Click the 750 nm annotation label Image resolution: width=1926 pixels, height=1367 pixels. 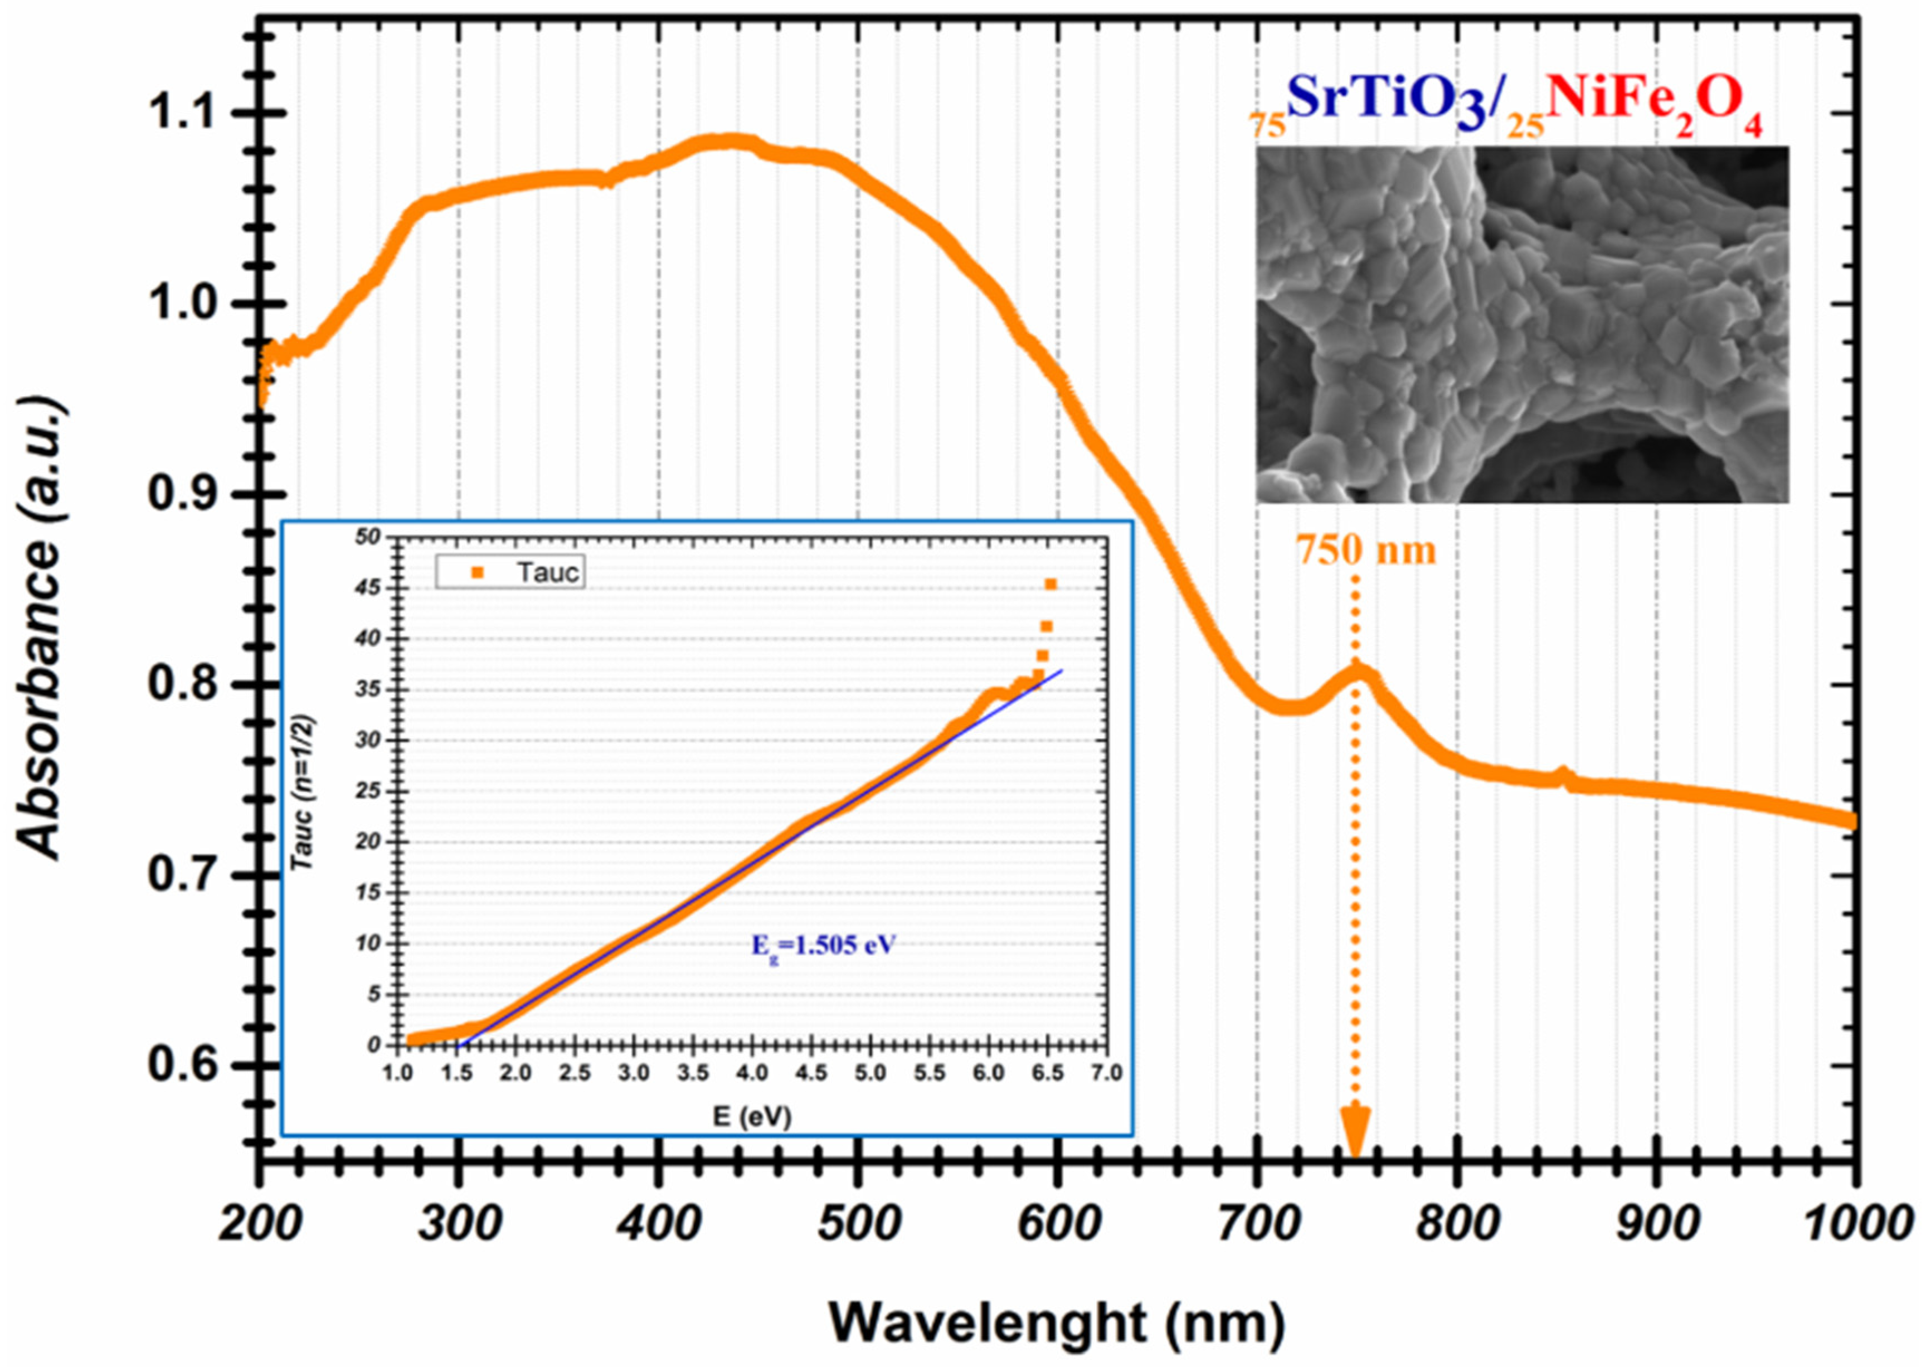coord(1365,551)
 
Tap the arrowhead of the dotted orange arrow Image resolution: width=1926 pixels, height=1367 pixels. coord(1355,1137)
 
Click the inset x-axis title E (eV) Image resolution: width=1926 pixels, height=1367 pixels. coord(752,1116)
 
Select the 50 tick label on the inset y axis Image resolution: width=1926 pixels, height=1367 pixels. coord(369,537)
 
